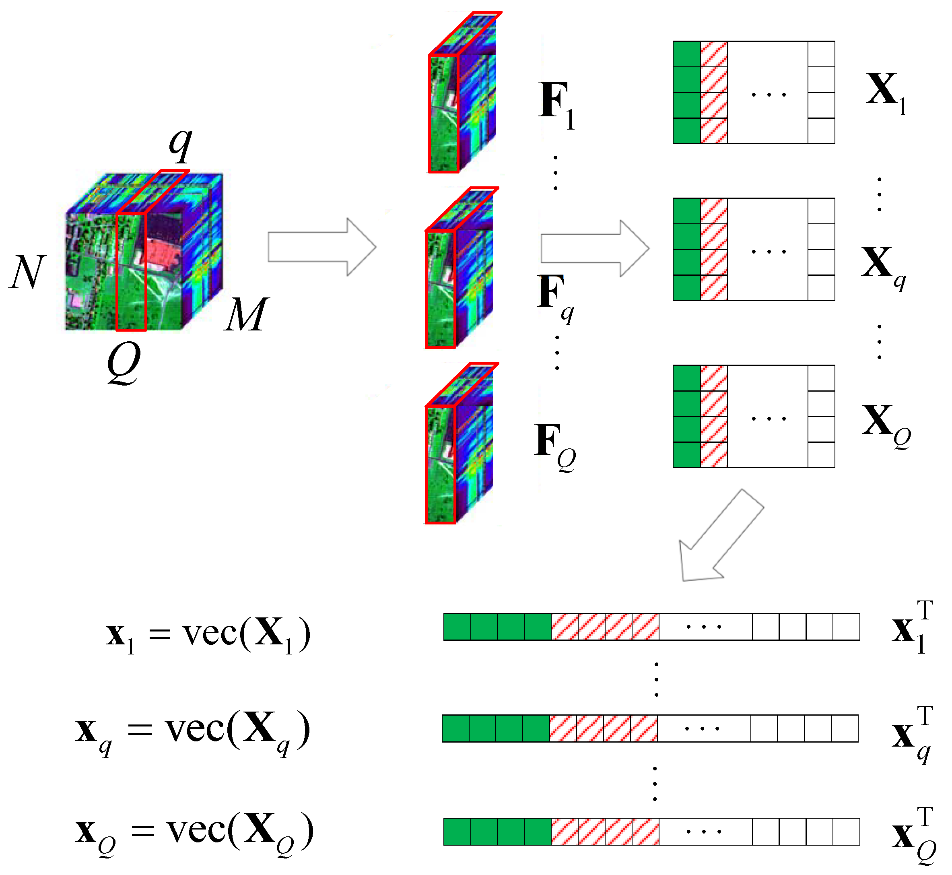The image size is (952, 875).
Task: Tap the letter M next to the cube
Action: (246, 314)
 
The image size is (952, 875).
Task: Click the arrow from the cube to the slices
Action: (322, 247)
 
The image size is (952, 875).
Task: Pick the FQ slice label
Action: (554, 445)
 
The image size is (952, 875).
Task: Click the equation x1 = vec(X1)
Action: (208, 634)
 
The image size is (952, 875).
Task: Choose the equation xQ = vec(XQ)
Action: (194, 833)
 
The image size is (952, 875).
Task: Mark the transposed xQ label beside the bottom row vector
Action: (914, 836)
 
